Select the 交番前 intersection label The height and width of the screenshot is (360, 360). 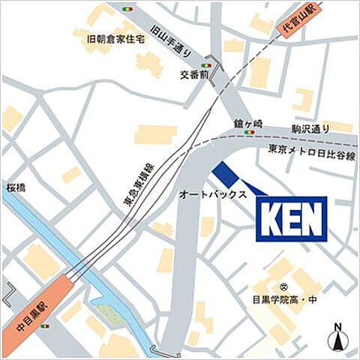[x=195, y=76]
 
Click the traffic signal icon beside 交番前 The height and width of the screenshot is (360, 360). [x=204, y=65]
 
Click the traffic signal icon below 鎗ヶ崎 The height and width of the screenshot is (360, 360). [x=249, y=133]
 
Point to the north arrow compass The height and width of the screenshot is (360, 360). [x=339, y=335]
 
